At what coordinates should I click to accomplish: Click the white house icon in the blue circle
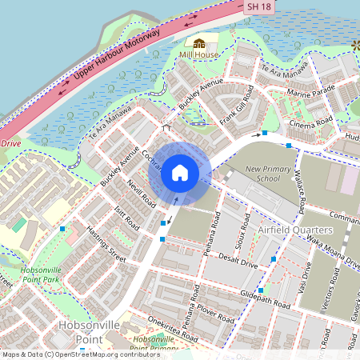[180, 172]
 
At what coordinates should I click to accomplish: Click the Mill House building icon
[199, 42]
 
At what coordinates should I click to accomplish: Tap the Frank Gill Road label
[237, 110]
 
